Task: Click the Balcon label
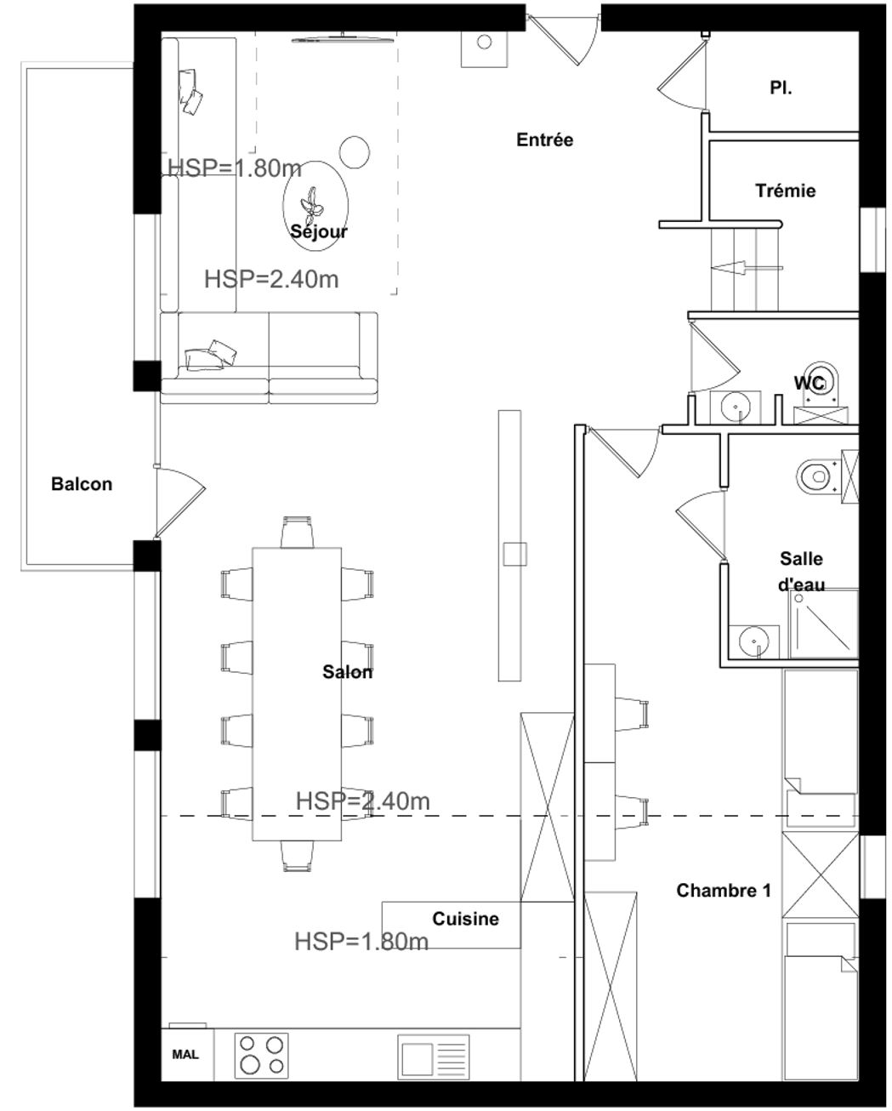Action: tap(82, 484)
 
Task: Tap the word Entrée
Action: tap(545, 140)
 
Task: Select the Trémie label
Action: tap(785, 191)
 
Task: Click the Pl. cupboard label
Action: tap(781, 87)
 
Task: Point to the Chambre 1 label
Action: tap(724, 891)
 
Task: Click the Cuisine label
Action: tap(465, 919)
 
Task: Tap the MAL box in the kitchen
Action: tap(185, 1055)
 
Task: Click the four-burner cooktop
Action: tap(261, 1055)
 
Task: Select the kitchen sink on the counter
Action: tap(434, 1056)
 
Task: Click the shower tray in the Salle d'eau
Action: tap(822, 624)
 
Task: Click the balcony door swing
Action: tap(181, 502)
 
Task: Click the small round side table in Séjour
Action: tap(355, 151)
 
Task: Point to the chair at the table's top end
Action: tap(298, 532)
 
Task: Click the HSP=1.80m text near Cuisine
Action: tap(361, 941)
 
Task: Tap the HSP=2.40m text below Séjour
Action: tap(271, 278)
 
